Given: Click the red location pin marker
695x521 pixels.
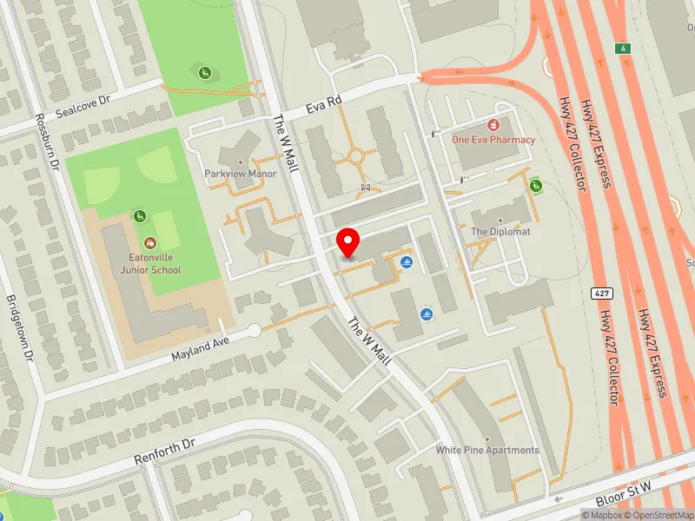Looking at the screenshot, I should coord(348,243).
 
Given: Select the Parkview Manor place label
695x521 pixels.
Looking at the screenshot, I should coord(240,174).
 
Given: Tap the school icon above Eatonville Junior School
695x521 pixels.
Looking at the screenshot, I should coord(150,243).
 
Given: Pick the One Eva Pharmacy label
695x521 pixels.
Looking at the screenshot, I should coord(493,139).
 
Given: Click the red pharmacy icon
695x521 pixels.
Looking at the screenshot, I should coord(493,125).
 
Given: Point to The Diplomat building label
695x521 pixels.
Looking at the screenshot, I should coord(500,232).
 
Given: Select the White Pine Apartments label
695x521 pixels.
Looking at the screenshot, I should coord(487,450).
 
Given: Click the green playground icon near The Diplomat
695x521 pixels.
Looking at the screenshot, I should coord(535,185).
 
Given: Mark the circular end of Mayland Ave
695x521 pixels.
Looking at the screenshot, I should coord(254,331).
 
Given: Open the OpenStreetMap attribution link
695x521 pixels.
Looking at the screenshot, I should coord(659,514).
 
